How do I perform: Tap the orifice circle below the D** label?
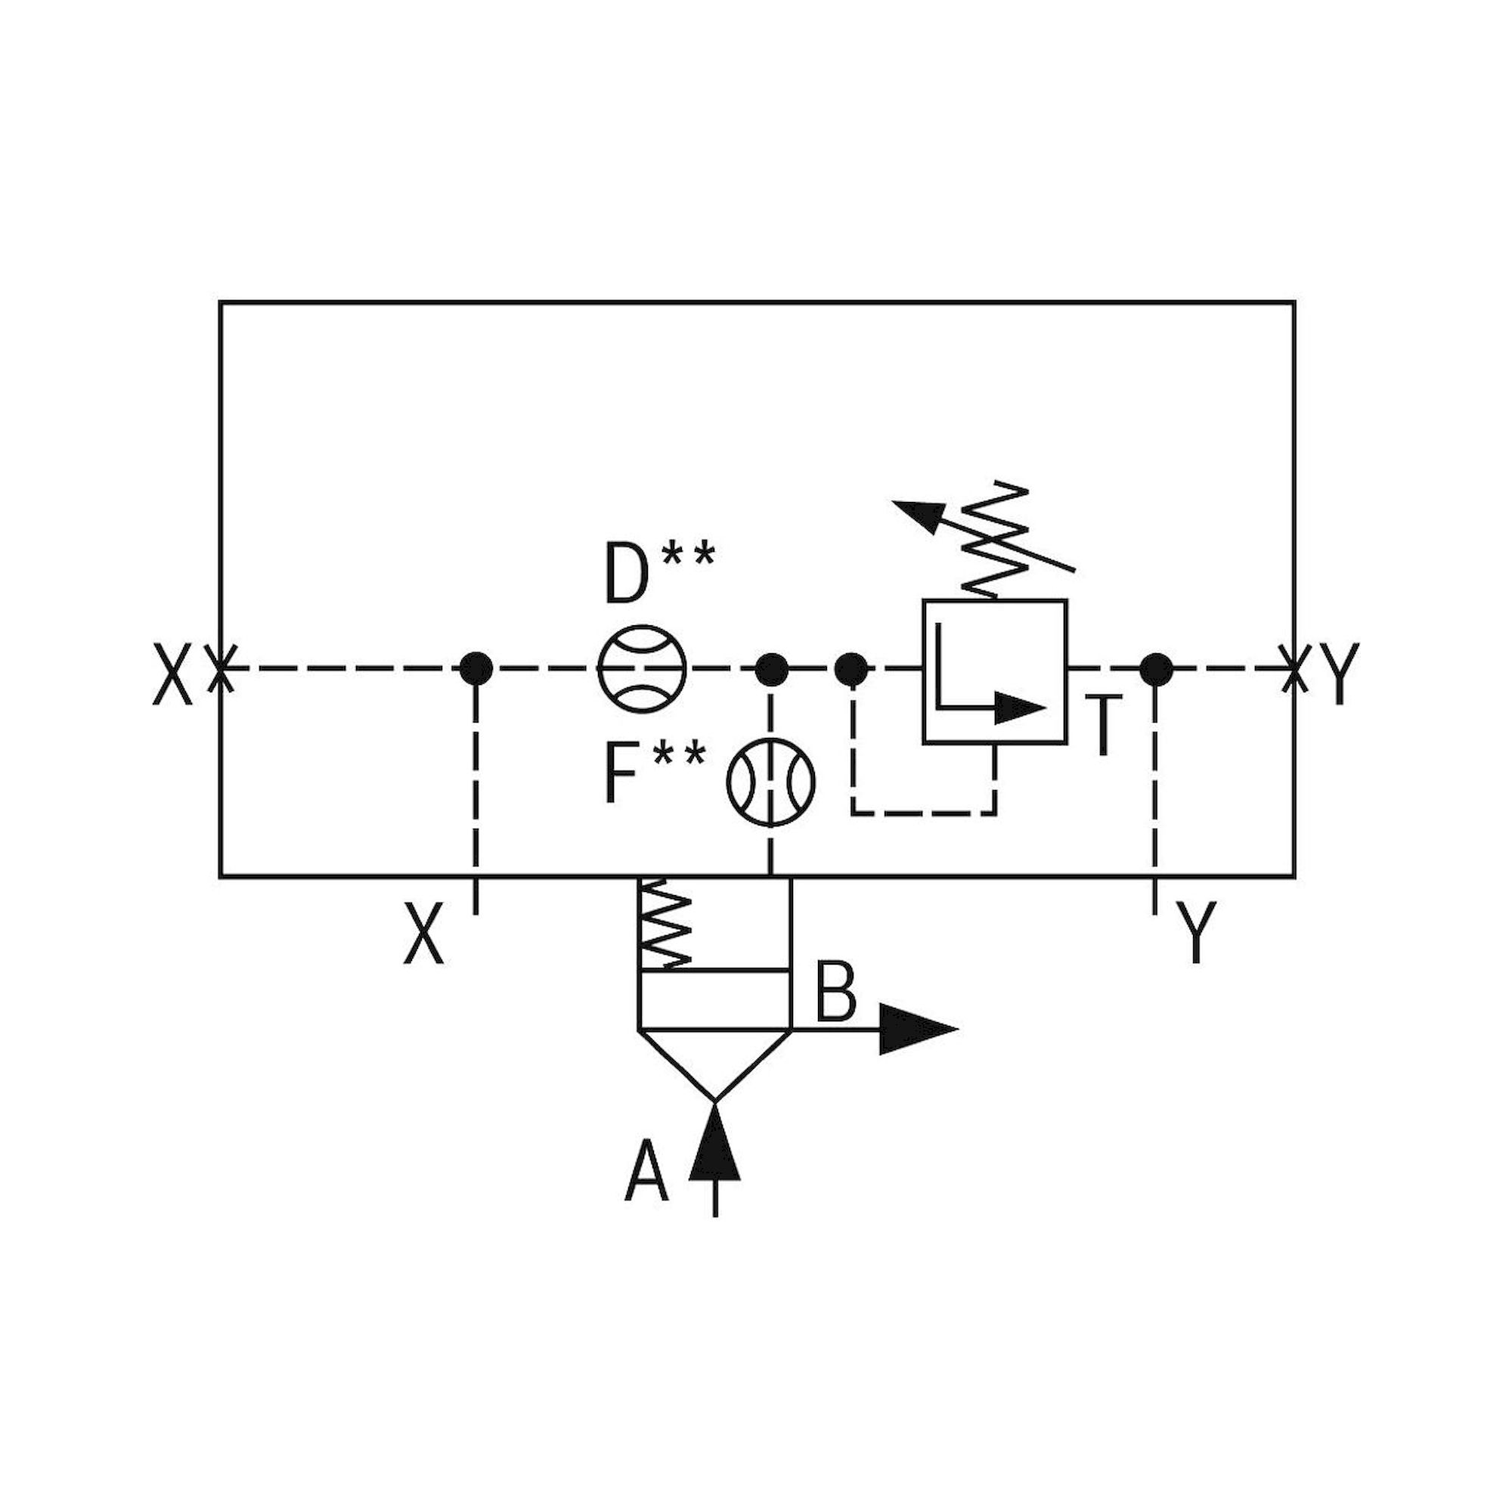pos(642,668)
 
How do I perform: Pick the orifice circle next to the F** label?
pos(771,781)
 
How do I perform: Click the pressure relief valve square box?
pos(994,671)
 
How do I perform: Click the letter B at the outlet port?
pos(836,993)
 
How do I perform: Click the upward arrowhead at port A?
pos(714,1148)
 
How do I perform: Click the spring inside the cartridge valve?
pos(665,924)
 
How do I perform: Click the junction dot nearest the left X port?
pos(476,668)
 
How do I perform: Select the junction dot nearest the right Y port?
pos(1156,669)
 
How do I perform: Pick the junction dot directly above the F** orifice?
pos(771,669)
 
